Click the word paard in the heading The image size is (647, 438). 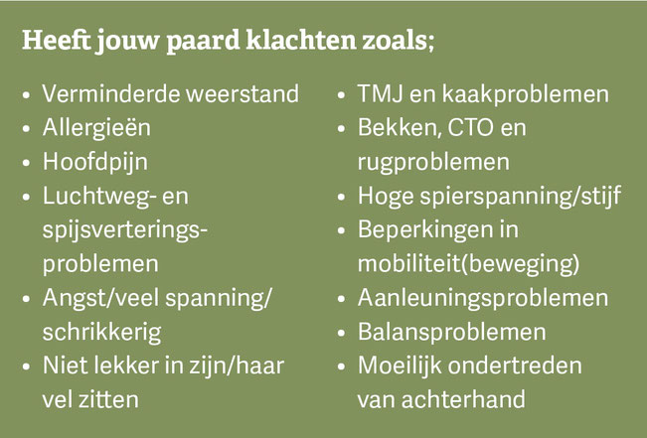click(x=203, y=42)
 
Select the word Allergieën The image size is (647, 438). click(x=96, y=127)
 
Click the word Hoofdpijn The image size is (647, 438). click(x=94, y=162)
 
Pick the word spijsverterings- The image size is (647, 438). click(x=124, y=230)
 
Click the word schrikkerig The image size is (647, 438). click(x=101, y=333)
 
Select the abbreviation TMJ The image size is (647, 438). click(x=380, y=94)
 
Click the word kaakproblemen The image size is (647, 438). click(x=526, y=94)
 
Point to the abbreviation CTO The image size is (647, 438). click(x=470, y=128)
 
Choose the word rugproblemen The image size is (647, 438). click(x=433, y=163)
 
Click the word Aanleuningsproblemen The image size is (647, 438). click(x=483, y=298)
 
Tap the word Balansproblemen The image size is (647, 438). click(x=452, y=332)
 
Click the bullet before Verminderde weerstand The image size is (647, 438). click(x=27, y=94)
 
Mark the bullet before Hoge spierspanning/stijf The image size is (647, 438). click(x=341, y=197)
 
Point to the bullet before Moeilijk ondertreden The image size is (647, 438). click(x=341, y=366)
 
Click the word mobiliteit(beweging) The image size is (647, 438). click(x=469, y=264)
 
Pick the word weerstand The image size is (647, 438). click(x=243, y=94)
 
